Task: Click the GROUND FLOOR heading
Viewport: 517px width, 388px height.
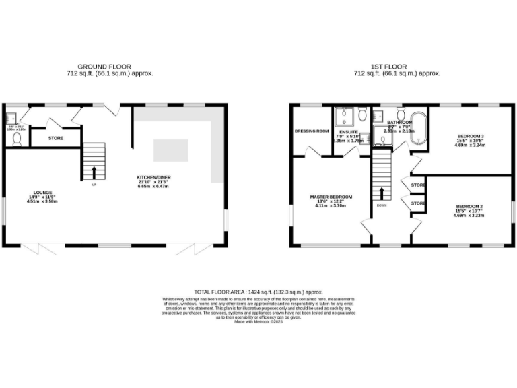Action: (x=104, y=67)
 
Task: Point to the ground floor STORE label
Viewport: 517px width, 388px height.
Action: (x=57, y=139)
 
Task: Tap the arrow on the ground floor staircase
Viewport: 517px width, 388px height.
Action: (x=94, y=171)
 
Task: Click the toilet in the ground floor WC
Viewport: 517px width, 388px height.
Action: (x=18, y=139)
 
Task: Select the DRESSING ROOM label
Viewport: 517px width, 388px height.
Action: (x=312, y=131)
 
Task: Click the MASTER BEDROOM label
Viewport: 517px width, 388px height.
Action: (x=331, y=197)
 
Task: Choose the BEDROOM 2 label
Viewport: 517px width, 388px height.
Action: (x=469, y=205)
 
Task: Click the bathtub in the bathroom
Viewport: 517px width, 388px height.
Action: (x=417, y=128)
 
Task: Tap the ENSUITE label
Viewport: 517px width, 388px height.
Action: (x=349, y=131)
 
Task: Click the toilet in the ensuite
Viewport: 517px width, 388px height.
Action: (x=362, y=113)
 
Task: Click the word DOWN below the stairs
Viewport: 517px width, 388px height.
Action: (x=382, y=205)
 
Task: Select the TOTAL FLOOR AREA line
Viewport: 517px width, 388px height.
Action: (x=258, y=291)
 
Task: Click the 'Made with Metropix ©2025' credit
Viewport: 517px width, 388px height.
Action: (x=258, y=322)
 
